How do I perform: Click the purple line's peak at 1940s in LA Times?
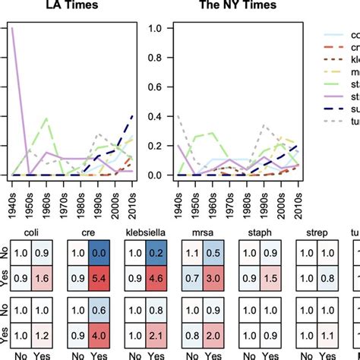pyautogui.click(x=11, y=28)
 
